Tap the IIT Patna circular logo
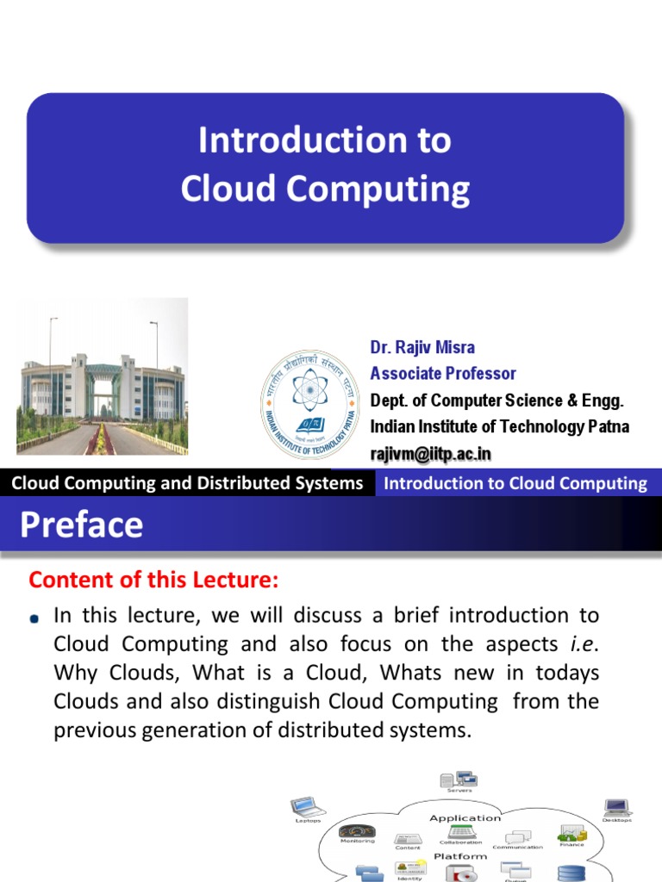coord(309,392)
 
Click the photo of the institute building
coord(102,376)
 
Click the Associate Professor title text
coord(443,373)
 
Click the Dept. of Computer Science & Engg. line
coord(496,401)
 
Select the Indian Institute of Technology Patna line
coord(499,426)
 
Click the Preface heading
coord(82,525)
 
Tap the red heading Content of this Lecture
coord(154,581)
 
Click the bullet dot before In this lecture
coord(34,618)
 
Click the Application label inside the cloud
coord(465,817)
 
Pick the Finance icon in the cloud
coord(571,833)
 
